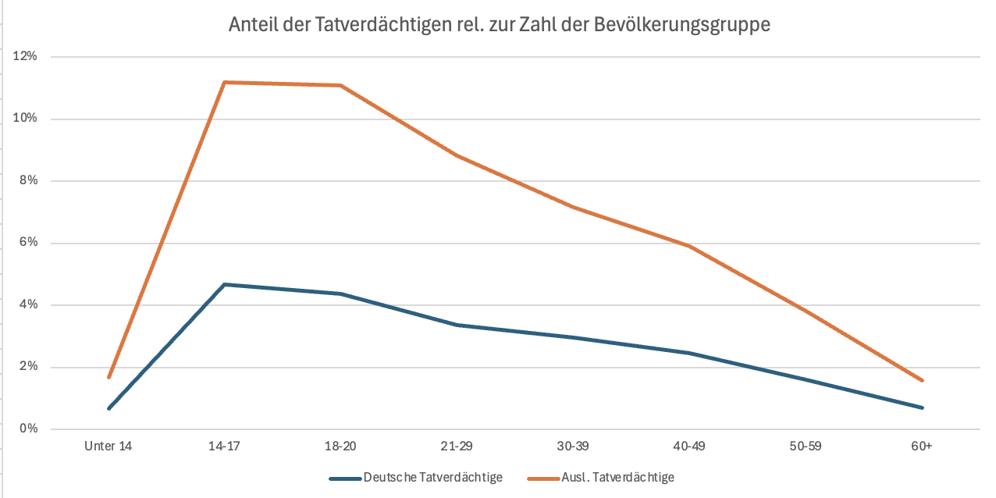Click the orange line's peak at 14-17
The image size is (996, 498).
(225, 82)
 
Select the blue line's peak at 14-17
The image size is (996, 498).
(225, 284)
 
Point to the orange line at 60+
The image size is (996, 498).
(922, 381)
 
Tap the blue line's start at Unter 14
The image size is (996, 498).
(108, 408)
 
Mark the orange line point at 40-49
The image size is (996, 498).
(689, 246)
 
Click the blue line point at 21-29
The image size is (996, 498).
(457, 325)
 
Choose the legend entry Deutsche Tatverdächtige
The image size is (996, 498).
(432, 478)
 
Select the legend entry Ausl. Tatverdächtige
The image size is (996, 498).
(617, 478)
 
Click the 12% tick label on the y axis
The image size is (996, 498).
(25, 56)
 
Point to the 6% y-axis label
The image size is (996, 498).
(28, 243)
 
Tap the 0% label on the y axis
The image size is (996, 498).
(28, 429)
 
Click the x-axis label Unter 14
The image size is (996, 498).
(108, 446)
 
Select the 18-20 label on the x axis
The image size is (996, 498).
(341, 446)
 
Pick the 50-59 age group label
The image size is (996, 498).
(806, 446)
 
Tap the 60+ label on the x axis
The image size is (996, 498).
(922, 446)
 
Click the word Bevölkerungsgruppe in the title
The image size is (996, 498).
(682, 25)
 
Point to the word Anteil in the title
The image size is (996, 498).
(253, 25)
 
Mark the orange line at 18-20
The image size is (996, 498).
(341, 85)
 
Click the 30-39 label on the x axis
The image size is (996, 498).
(574, 446)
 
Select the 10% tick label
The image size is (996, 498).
(25, 119)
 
